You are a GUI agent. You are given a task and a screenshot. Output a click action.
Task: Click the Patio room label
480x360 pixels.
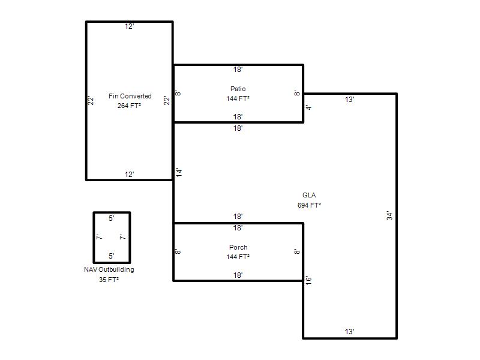coord(238,89)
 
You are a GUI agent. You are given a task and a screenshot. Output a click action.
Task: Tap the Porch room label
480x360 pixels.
coord(238,247)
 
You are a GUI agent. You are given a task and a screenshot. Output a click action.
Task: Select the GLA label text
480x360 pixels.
coord(309,195)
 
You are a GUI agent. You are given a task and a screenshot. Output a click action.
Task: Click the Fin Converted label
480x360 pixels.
coord(130,96)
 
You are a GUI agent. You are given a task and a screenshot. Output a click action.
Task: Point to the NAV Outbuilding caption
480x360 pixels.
coord(109,269)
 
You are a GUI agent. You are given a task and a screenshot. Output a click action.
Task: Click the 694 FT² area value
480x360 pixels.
coord(309,205)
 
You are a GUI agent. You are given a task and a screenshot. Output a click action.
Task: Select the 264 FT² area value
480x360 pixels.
coord(129,106)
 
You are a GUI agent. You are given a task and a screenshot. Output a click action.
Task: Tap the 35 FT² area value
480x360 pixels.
coord(109,280)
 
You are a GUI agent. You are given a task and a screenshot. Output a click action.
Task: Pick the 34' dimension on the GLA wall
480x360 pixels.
coord(389,215)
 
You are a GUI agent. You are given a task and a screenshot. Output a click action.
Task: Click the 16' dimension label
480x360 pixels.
coord(308,280)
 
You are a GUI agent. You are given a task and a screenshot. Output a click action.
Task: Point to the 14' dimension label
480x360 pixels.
coord(179,172)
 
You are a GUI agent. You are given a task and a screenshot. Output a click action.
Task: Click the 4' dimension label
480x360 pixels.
coord(309,107)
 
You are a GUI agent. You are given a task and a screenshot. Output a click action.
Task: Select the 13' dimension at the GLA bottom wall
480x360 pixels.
coord(349,332)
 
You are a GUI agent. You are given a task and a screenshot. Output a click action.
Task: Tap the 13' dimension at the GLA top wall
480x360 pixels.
coord(349,100)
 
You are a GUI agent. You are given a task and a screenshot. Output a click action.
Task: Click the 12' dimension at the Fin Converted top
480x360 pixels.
coord(129,26)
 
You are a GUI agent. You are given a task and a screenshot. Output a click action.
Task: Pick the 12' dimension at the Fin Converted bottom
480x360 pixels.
coord(129,175)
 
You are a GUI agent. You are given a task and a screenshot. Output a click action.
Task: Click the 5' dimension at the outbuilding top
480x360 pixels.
coord(112,218)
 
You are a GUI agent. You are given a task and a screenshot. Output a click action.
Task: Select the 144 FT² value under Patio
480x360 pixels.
coord(238,98)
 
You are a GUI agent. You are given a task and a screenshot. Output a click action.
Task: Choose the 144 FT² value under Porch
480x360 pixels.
coord(238,257)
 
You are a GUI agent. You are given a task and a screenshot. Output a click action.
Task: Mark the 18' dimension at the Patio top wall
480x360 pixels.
coord(238,70)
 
